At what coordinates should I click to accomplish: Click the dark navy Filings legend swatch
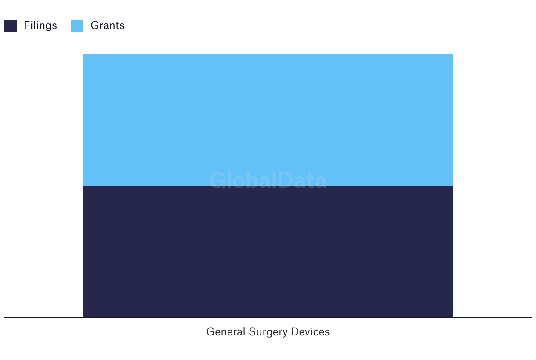point(11,26)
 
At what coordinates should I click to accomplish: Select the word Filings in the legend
point(40,25)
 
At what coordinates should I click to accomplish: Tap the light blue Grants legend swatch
point(77,26)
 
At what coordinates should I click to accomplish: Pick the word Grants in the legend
point(108,25)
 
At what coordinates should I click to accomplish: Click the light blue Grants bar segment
point(268,120)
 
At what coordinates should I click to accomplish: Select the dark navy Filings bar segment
point(268,252)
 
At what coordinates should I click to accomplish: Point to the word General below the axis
point(226,331)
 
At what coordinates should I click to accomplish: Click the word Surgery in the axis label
point(268,332)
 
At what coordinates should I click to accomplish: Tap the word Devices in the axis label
point(310,331)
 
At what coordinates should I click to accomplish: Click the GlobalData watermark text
point(268,180)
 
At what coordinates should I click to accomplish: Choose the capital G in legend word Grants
point(95,25)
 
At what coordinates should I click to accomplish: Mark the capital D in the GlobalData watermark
point(286,180)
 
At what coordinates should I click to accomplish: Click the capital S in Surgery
point(252,331)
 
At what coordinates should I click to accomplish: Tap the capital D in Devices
point(295,331)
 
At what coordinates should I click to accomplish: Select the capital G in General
point(210,331)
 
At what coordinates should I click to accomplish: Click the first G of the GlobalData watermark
point(217,180)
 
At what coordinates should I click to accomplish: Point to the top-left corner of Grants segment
point(83,54)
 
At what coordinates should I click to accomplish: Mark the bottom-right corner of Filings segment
point(453,318)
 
